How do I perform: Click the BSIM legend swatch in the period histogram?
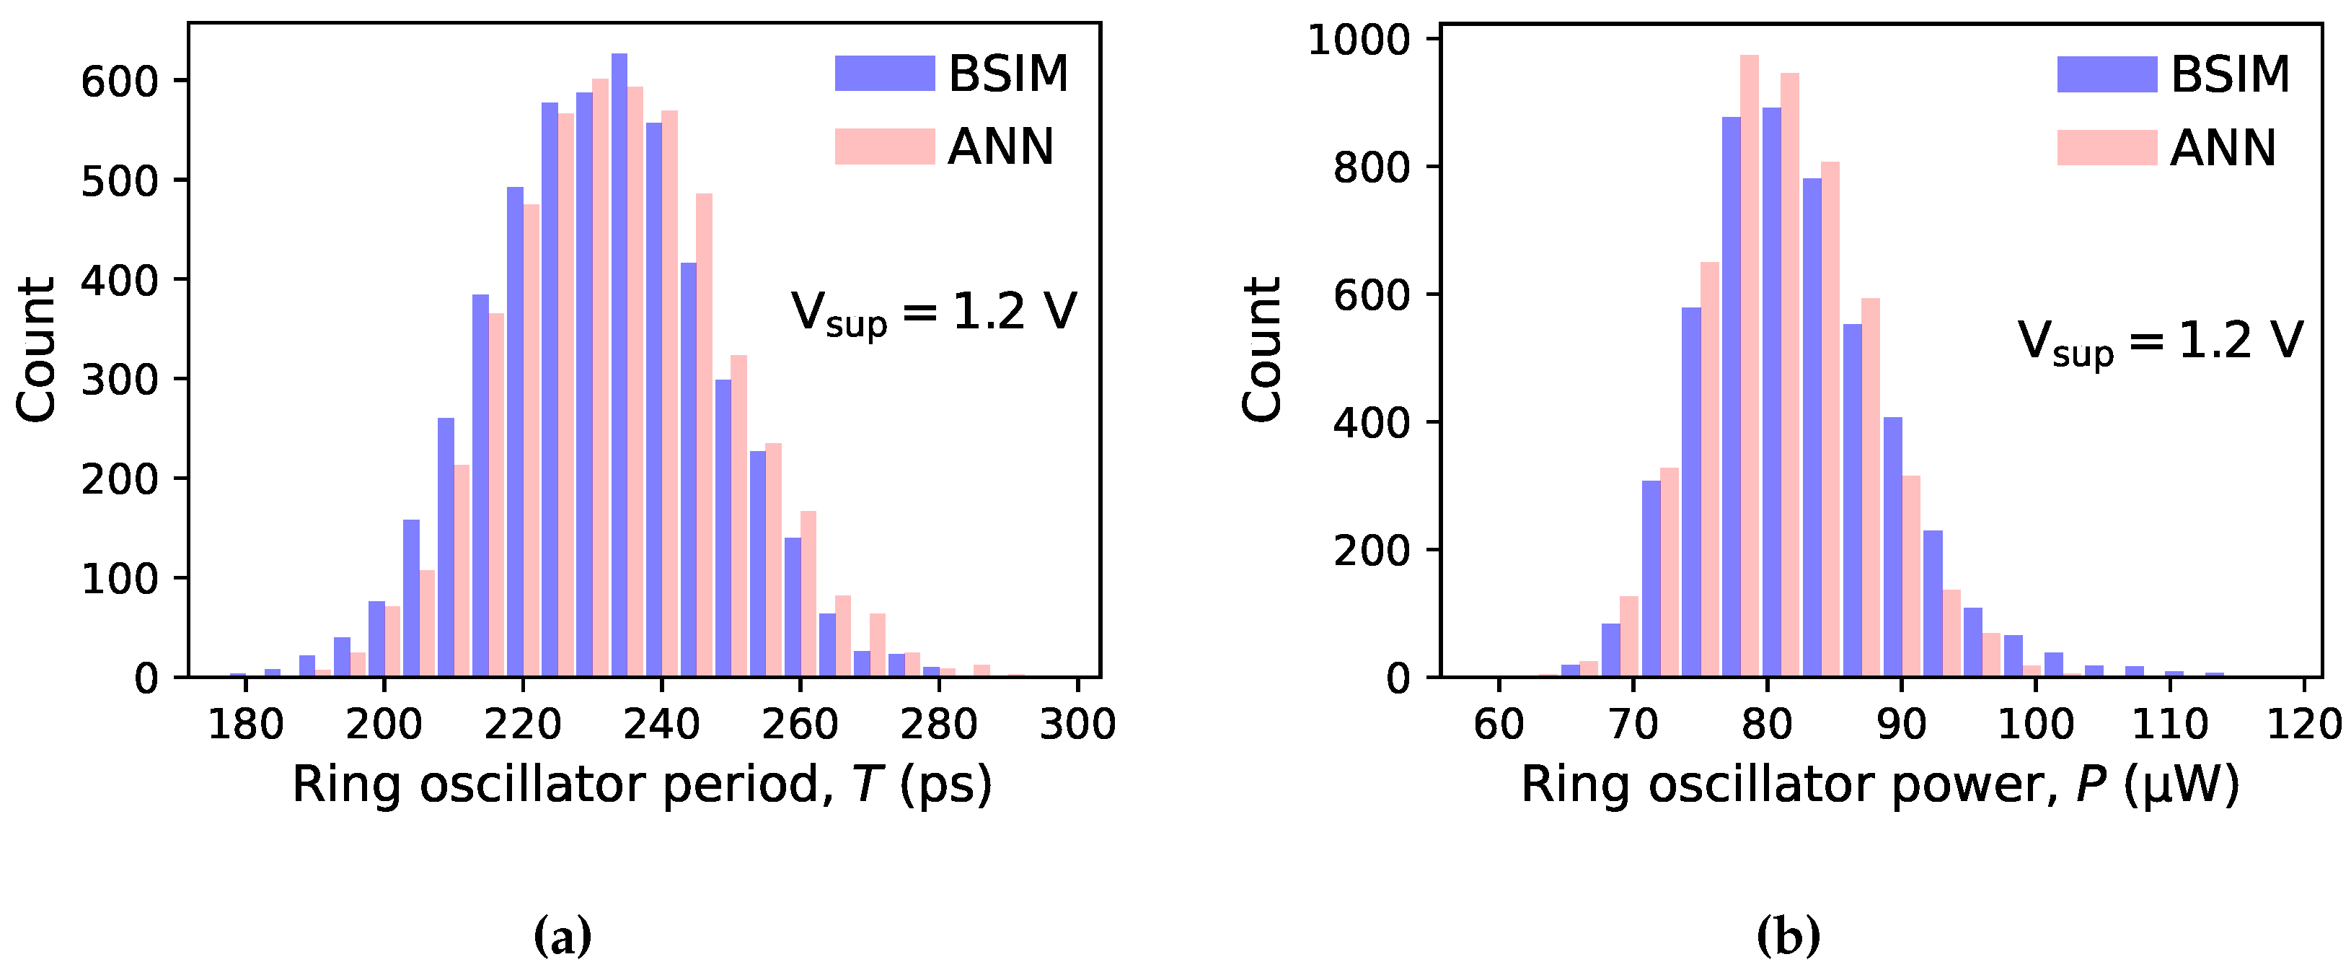pos(884,73)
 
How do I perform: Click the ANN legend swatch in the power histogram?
pos(2107,147)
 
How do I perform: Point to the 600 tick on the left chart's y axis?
pos(120,82)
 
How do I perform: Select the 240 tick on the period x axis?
pos(662,724)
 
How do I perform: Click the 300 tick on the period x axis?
pos(1078,724)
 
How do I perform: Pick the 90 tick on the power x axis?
pos(1901,724)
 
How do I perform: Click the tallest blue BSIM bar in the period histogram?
pos(619,365)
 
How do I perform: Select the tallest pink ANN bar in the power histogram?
pos(1750,365)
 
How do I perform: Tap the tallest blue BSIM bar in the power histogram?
pos(1771,393)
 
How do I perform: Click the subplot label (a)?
pos(563,936)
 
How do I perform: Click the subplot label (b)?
pos(1788,936)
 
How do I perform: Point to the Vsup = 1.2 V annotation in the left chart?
pos(932,313)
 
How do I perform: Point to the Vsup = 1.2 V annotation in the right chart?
pos(2159,342)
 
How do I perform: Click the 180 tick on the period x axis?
pos(245,724)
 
